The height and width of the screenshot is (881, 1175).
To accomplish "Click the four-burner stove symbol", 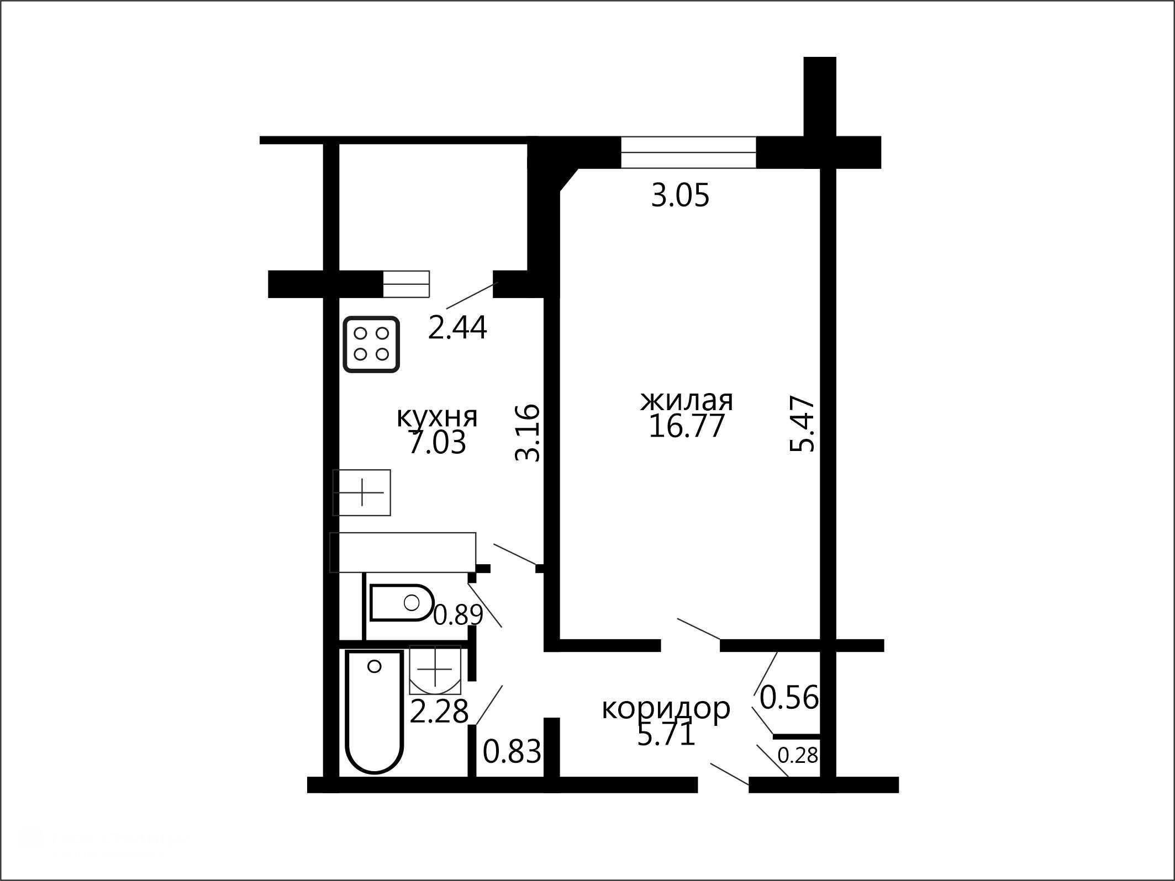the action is pos(371,344).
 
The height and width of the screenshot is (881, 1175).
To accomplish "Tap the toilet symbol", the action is pos(402,602).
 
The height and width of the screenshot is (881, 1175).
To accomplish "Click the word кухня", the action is pos(437,418).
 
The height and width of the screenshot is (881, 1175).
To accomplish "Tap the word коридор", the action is pos(666,709).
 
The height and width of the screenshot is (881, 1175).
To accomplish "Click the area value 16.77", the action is pos(686,426).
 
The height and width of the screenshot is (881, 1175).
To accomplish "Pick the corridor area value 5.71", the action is pos(666,735).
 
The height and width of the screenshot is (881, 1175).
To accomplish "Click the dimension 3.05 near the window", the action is pos(680,195).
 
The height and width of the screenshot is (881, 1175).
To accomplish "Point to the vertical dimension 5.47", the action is pos(802,423).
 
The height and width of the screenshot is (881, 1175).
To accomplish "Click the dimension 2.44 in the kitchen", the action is pos(458,328).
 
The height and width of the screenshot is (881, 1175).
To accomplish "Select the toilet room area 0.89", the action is pos(458,615).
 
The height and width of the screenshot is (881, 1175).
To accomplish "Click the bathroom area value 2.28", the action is pos(439,711).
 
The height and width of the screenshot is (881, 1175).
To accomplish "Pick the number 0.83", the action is pos(512,751).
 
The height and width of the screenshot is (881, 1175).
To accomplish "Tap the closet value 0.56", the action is pos(789,697).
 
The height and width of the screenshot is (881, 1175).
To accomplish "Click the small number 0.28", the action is pos(798,755).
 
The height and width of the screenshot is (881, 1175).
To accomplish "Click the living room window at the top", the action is pos(688,152).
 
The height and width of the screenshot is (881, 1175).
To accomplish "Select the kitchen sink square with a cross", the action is pos(362,492).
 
